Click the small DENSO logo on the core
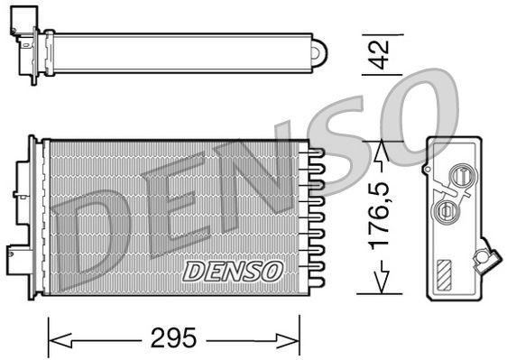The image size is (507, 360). (233, 270)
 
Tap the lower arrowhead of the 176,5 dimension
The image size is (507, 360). (383, 285)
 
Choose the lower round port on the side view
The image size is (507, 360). (445, 210)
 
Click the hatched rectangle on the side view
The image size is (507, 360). (446, 272)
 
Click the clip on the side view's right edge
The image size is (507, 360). (487, 255)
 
